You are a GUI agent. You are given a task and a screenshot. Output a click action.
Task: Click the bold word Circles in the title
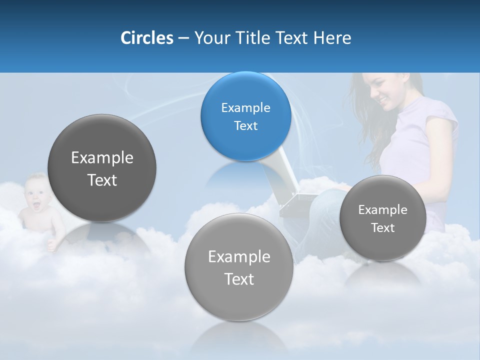point(147,38)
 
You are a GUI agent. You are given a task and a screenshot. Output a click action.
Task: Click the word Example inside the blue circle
point(245,107)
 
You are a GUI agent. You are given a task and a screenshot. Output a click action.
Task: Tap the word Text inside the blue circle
point(245,125)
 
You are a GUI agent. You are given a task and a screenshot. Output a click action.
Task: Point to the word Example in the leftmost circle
point(102,158)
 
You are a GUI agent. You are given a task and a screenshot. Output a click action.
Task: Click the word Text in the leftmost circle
point(102,180)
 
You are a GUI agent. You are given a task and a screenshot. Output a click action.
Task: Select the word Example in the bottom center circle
point(239,257)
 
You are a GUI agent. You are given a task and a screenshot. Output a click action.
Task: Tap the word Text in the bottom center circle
point(239,279)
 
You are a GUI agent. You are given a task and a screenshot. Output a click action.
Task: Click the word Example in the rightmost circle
point(382,210)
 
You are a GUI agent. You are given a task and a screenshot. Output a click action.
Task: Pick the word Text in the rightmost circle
point(382,228)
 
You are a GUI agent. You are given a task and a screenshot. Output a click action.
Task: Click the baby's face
point(36,192)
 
